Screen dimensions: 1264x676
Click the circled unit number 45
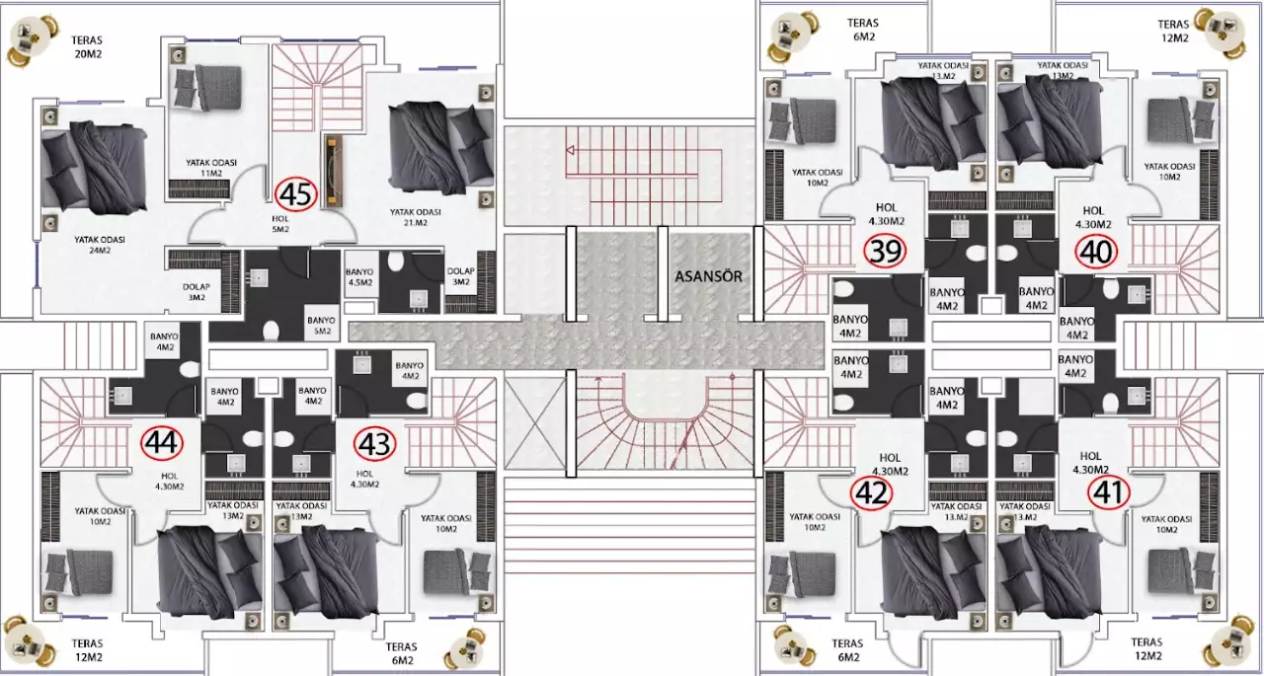tap(295, 194)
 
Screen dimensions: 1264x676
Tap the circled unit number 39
tap(885, 251)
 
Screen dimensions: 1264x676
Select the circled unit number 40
tap(1096, 252)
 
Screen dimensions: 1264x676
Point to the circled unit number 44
tap(162, 442)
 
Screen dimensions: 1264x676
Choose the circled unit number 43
tap(374, 444)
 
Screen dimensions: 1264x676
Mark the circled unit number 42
tap(872, 493)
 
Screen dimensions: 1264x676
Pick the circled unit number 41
tap(1108, 492)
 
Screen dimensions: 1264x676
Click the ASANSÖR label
tap(709, 276)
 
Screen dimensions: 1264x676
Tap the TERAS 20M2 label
tap(87, 47)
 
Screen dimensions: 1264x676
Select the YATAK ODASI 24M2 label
tap(100, 245)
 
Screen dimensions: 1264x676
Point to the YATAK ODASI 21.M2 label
tap(416, 217)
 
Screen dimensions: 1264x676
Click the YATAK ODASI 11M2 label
tap(211, 168)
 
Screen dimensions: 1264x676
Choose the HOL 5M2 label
tap(280, 223)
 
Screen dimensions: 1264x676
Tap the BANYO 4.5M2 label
tap(360, 277)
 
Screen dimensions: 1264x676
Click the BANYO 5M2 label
tap(322, 326)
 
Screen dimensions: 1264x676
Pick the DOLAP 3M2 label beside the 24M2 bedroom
tap(197, 292)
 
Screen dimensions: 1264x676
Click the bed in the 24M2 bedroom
tap(95, 168)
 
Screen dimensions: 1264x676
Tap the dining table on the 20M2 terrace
tap(32, 38)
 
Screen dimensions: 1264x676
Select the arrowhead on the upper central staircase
tap(570, 150)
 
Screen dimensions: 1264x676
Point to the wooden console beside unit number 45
tap(334, 172)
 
